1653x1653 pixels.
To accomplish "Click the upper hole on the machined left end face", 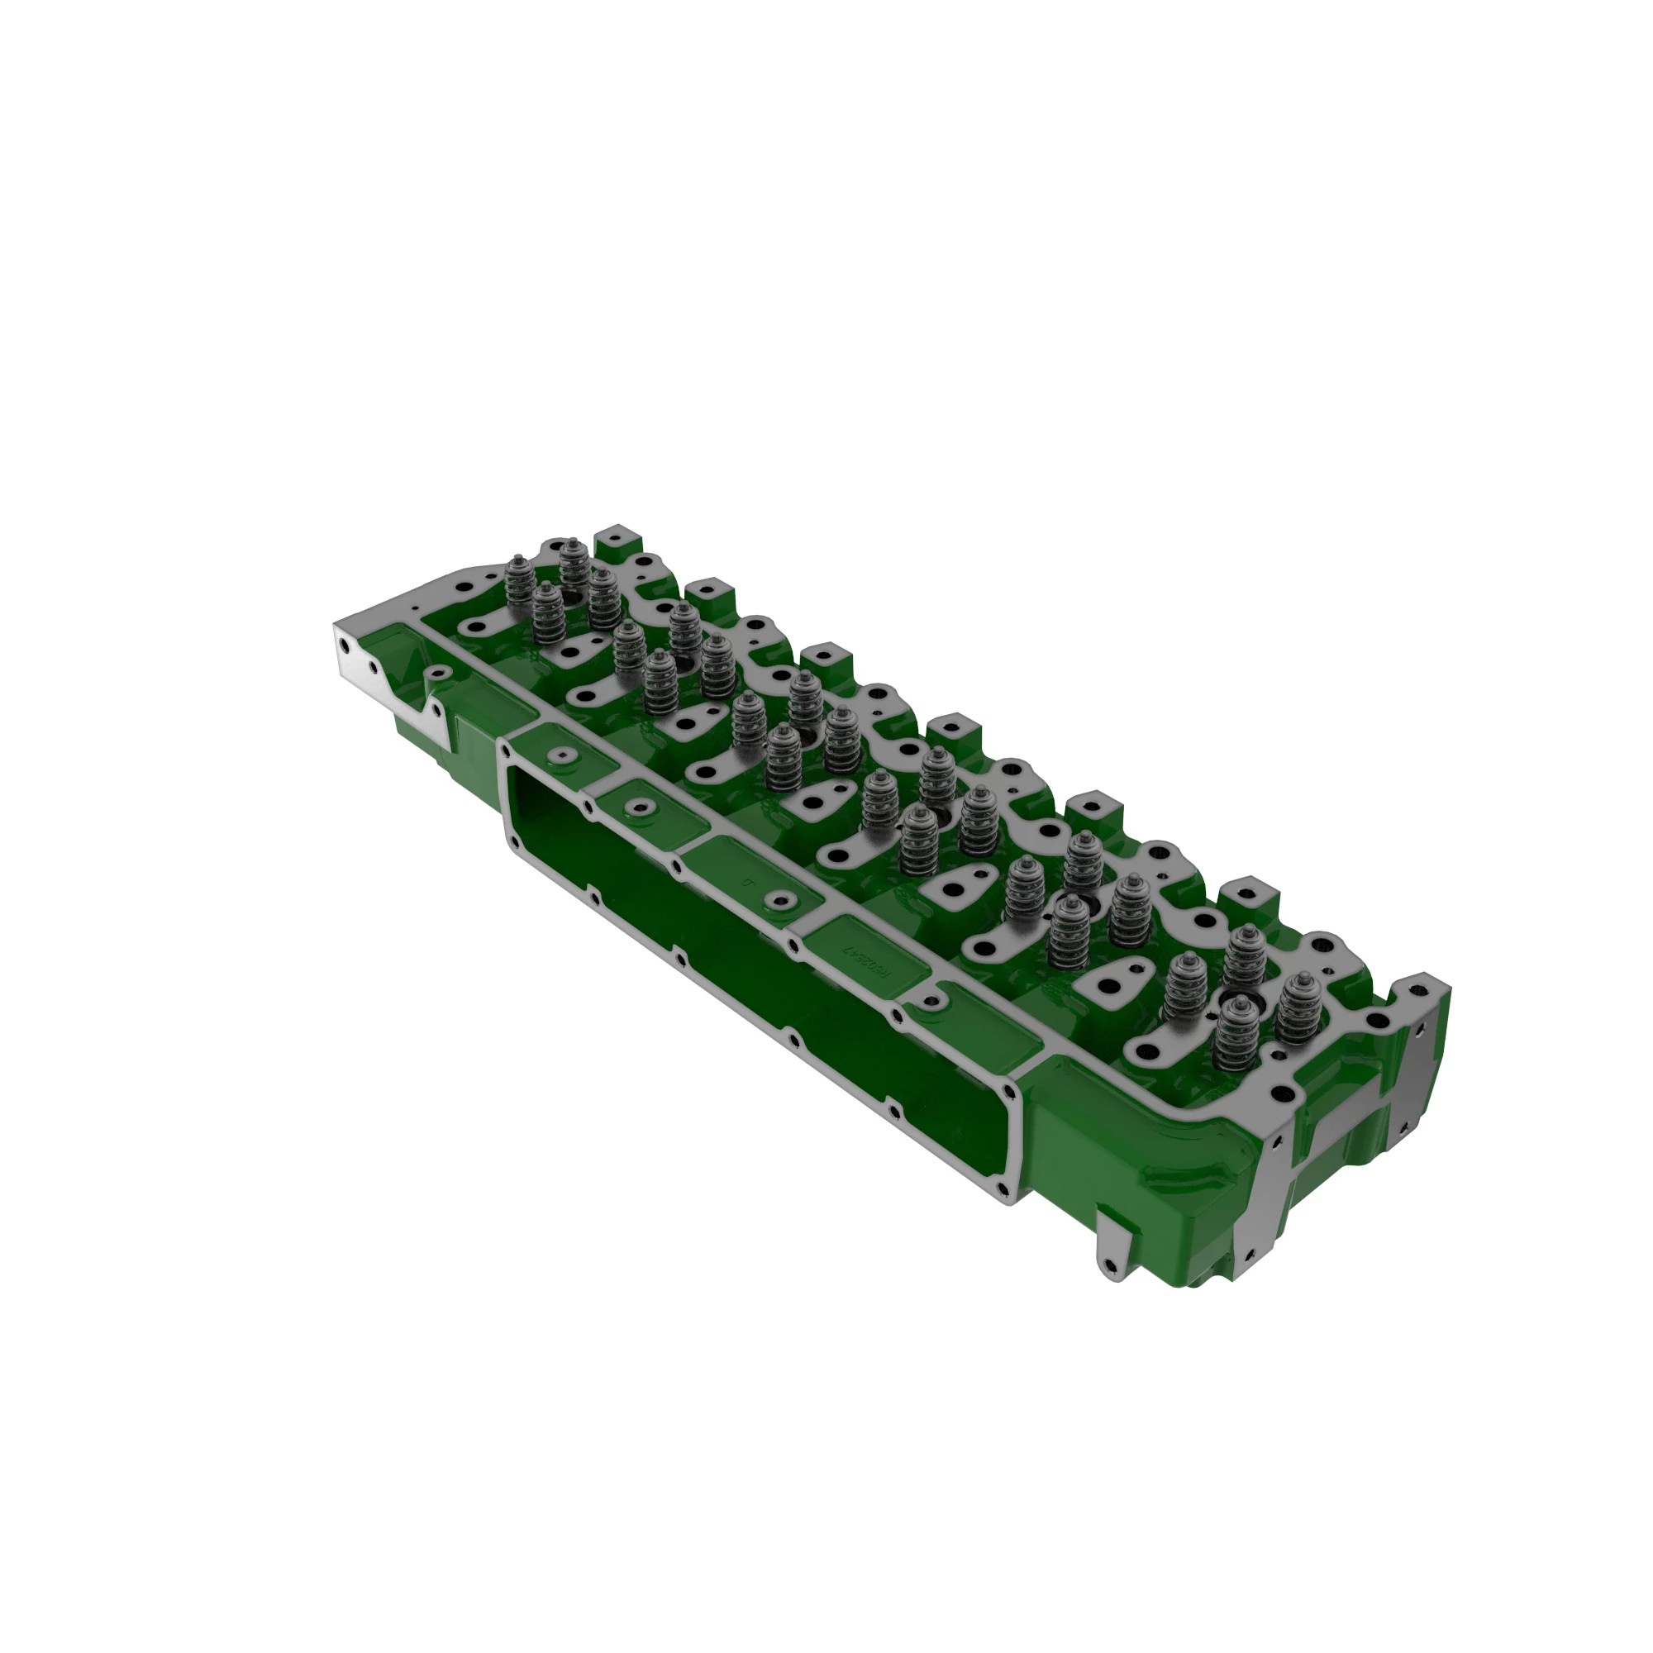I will click(x=344, y=640).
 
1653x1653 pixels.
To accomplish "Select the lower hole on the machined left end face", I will click(x=373, y=665).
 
